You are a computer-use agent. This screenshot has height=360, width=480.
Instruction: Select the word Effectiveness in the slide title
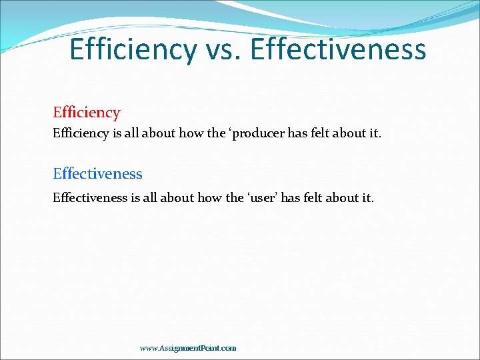coord(339,50)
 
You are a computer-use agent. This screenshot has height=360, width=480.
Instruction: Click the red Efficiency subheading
coord(87,113)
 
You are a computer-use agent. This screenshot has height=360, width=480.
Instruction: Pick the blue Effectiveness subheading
coord(97,174)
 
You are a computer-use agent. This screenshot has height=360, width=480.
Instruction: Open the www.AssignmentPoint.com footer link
coord(188,348)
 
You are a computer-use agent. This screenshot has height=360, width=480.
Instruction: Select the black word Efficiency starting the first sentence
coord(81,133)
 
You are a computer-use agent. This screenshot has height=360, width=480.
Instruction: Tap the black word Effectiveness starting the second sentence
coord(89,197)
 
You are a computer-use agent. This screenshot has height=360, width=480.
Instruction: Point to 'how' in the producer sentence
coord(191,133)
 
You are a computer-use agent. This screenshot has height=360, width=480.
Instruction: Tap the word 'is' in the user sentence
coord(135,197)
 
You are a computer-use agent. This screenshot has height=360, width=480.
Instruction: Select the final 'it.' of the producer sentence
coord(373,133)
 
